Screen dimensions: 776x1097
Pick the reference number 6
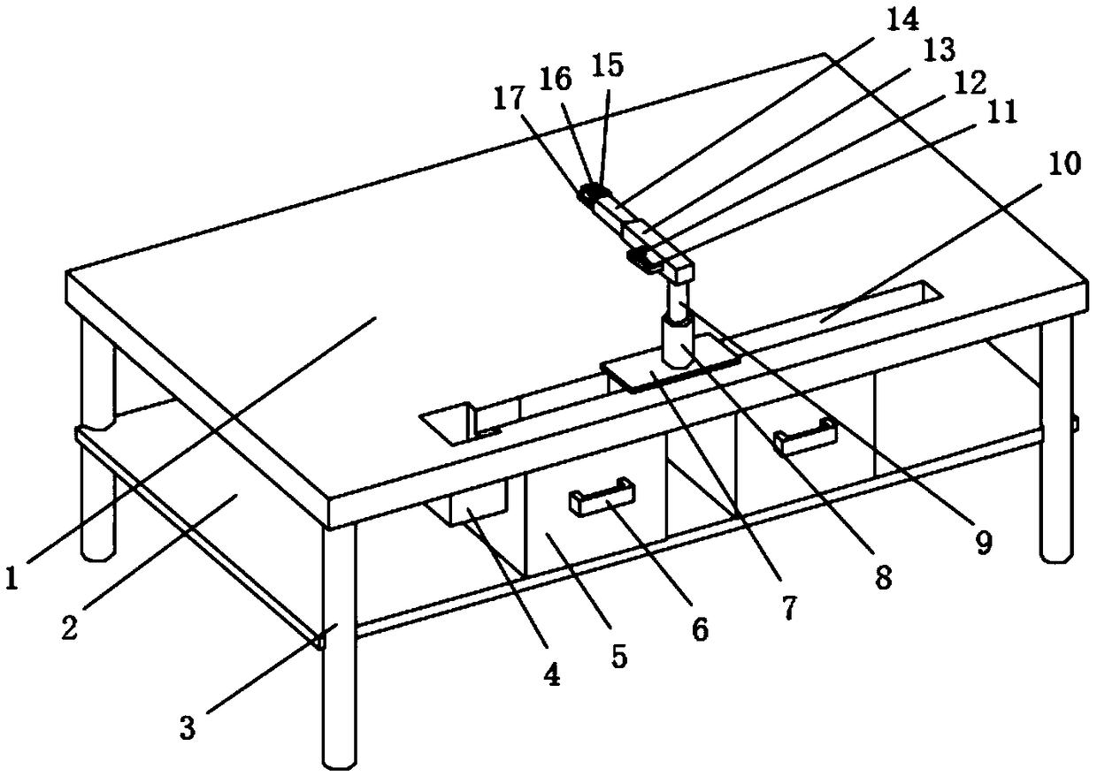pos(698,628)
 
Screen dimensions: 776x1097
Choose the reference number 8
pos(882,579)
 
